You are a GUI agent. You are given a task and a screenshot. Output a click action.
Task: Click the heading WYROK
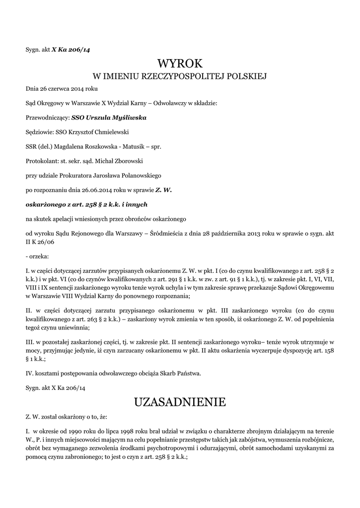coord(180,63)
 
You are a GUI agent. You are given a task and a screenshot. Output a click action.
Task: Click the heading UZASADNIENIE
coord(180,402)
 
